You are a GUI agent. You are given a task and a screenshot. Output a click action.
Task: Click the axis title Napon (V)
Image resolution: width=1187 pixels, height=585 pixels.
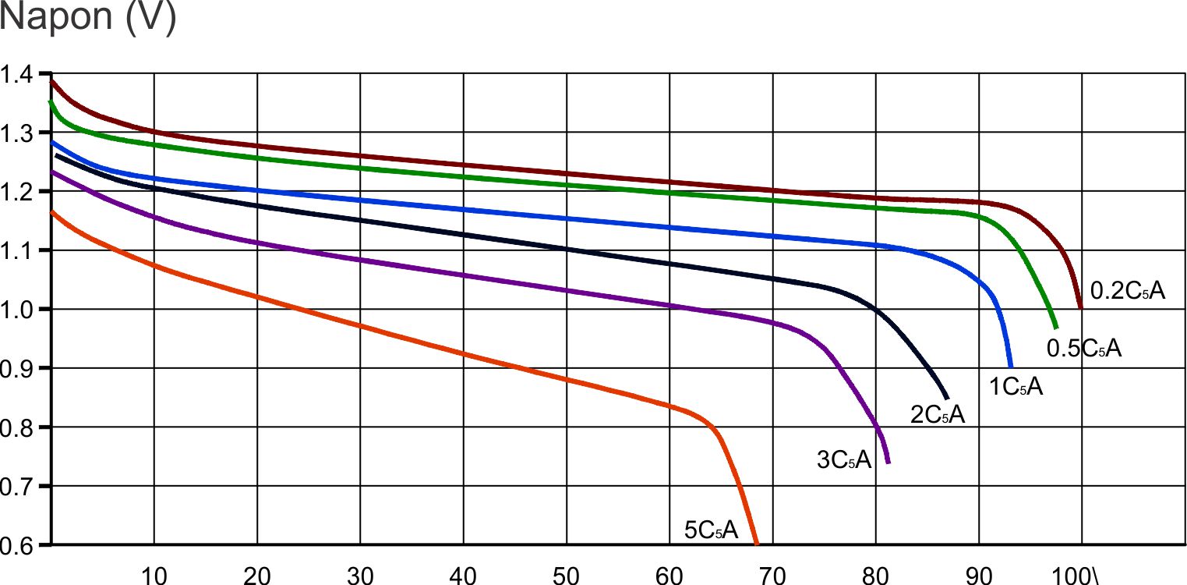coord(88,18)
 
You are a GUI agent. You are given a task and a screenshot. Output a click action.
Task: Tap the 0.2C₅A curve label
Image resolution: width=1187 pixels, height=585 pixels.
coord(1127,291)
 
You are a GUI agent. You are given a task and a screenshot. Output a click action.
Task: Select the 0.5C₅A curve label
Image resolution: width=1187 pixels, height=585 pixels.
coord(1083,349)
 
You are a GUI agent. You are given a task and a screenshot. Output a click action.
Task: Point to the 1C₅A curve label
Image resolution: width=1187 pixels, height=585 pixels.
coord(1016,385)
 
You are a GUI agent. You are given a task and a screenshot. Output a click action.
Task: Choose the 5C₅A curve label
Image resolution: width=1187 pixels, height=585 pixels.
coord(710,530)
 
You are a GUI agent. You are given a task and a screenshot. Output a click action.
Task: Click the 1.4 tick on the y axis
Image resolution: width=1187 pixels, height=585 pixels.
coord(17,76)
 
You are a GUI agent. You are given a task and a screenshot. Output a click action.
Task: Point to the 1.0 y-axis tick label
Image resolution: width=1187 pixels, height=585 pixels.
coord(17,310)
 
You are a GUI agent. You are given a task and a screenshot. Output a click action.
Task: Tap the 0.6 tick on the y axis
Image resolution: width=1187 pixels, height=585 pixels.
coord(17,544)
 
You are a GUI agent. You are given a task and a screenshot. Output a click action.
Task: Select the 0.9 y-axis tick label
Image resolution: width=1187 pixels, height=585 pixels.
coord(17,368)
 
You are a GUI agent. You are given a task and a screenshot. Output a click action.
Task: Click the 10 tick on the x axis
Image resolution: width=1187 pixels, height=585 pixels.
coord(154,575)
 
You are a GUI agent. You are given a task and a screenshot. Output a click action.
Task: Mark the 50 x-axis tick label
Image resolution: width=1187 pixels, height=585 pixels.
coord(567,575)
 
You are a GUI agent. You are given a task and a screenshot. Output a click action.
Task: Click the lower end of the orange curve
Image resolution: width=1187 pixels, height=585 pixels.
coord(756,543)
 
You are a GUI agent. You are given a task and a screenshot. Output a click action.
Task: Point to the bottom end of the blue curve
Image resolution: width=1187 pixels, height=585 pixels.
coord(1011,366)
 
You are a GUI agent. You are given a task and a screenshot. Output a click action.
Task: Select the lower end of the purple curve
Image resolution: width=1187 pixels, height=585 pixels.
coord(888,463)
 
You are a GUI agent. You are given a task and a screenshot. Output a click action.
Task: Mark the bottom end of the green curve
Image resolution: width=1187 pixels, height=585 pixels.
coord(1056,328)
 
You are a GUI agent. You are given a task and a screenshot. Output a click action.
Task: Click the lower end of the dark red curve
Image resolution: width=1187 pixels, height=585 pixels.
coord(1080,308)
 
